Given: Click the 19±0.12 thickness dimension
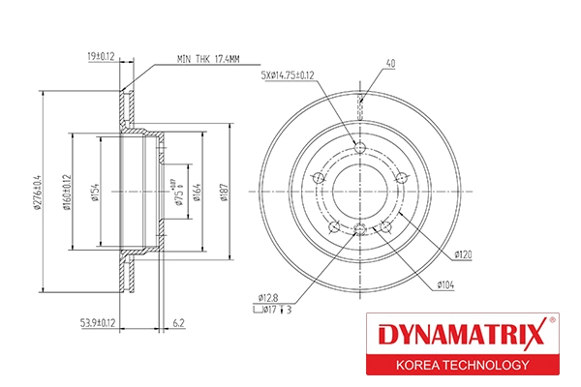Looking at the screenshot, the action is click(101, 57).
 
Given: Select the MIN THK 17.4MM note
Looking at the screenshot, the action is click(208, 59).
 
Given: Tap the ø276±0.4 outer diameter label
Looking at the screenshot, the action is click(38, 192).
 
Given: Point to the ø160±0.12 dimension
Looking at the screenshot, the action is click(67, 192).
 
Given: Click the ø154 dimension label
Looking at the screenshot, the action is click(95, 192).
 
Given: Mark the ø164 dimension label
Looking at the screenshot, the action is click(198, 192).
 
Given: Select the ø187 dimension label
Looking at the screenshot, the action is click(224, 193).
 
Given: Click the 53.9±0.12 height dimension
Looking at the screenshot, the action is click(98, 323).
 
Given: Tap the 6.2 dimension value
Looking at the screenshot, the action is click(178, 323).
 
